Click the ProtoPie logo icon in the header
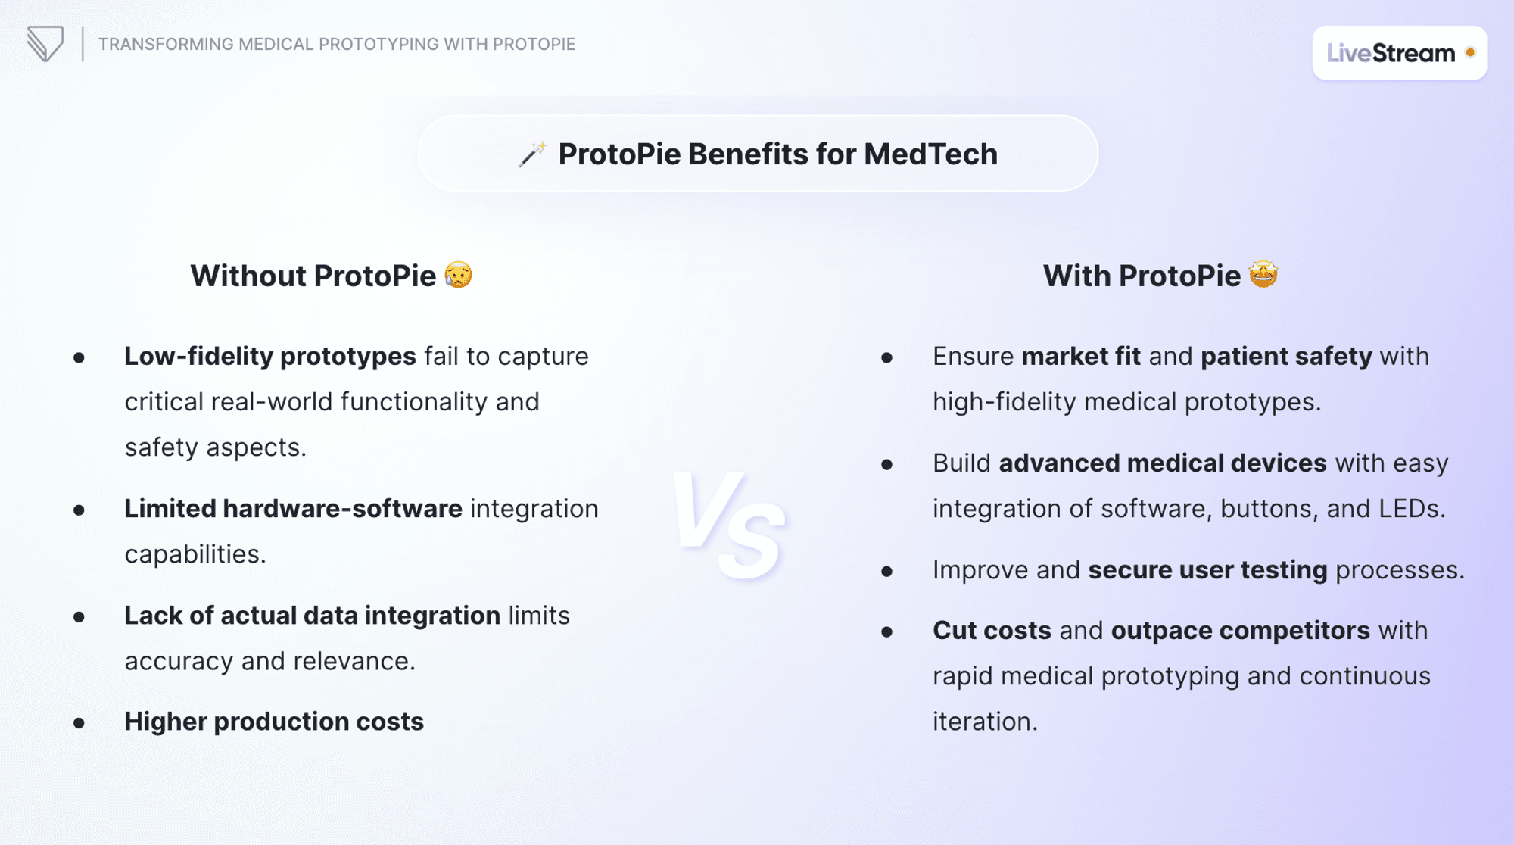click(45, 44)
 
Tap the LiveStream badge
click(1399, 53)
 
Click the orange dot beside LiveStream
click(1470, 52)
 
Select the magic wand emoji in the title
click(532, 154)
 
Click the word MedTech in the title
click(930, 154)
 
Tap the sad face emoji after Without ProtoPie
click(459, 275)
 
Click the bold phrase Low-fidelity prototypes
click(270, 356)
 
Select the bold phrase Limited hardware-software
click(293, 509)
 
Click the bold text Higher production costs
click(274, 722)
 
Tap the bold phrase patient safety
click(1286, 356)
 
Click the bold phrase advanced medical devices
click(1163, 463)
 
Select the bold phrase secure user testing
click(1207, 569)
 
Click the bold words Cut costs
click(992, 631)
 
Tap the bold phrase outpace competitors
click(1240, 631)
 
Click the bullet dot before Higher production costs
click(79, 723)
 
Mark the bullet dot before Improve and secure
click(887, 571)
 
